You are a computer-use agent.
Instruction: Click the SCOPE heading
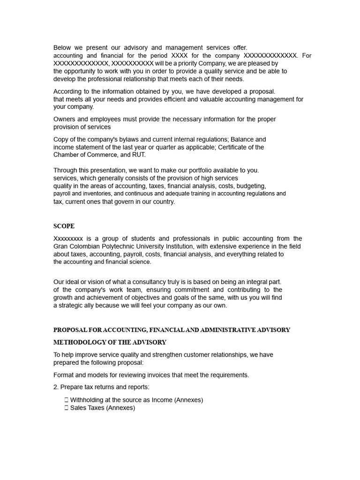point(64,226)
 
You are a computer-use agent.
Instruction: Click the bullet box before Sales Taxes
point(67,408)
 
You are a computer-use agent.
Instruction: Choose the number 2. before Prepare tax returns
point(56,387)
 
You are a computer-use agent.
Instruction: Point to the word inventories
point(95,194)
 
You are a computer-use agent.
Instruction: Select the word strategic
point(73,305)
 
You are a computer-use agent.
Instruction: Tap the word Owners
point(64,119)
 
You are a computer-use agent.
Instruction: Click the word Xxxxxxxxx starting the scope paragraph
point(68,239)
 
